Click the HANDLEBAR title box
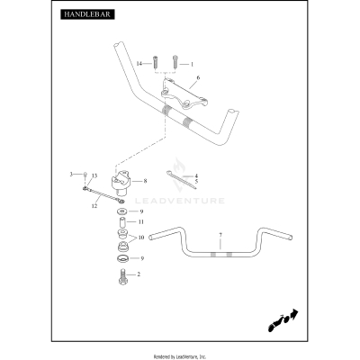pos(87,14)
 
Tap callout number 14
pos(139,64)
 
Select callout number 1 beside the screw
pos(192,64)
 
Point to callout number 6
pos(198,77)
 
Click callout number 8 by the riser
pos(145,181)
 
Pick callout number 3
pos(71,174)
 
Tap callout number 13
pos(94,175)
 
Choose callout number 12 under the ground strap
pos(94,206)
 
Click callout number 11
pos(141,222)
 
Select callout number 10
pos(141,238)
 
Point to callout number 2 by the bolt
pos(139,274)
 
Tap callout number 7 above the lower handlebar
pos(220,235)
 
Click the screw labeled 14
pos(156,62)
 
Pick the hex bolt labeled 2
pos(123,276)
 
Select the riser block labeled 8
pos(121,183)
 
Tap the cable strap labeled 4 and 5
pos(181,180)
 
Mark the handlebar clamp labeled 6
pos(184,96)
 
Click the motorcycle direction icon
pos(283,320)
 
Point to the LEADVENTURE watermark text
pos(180,201)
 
